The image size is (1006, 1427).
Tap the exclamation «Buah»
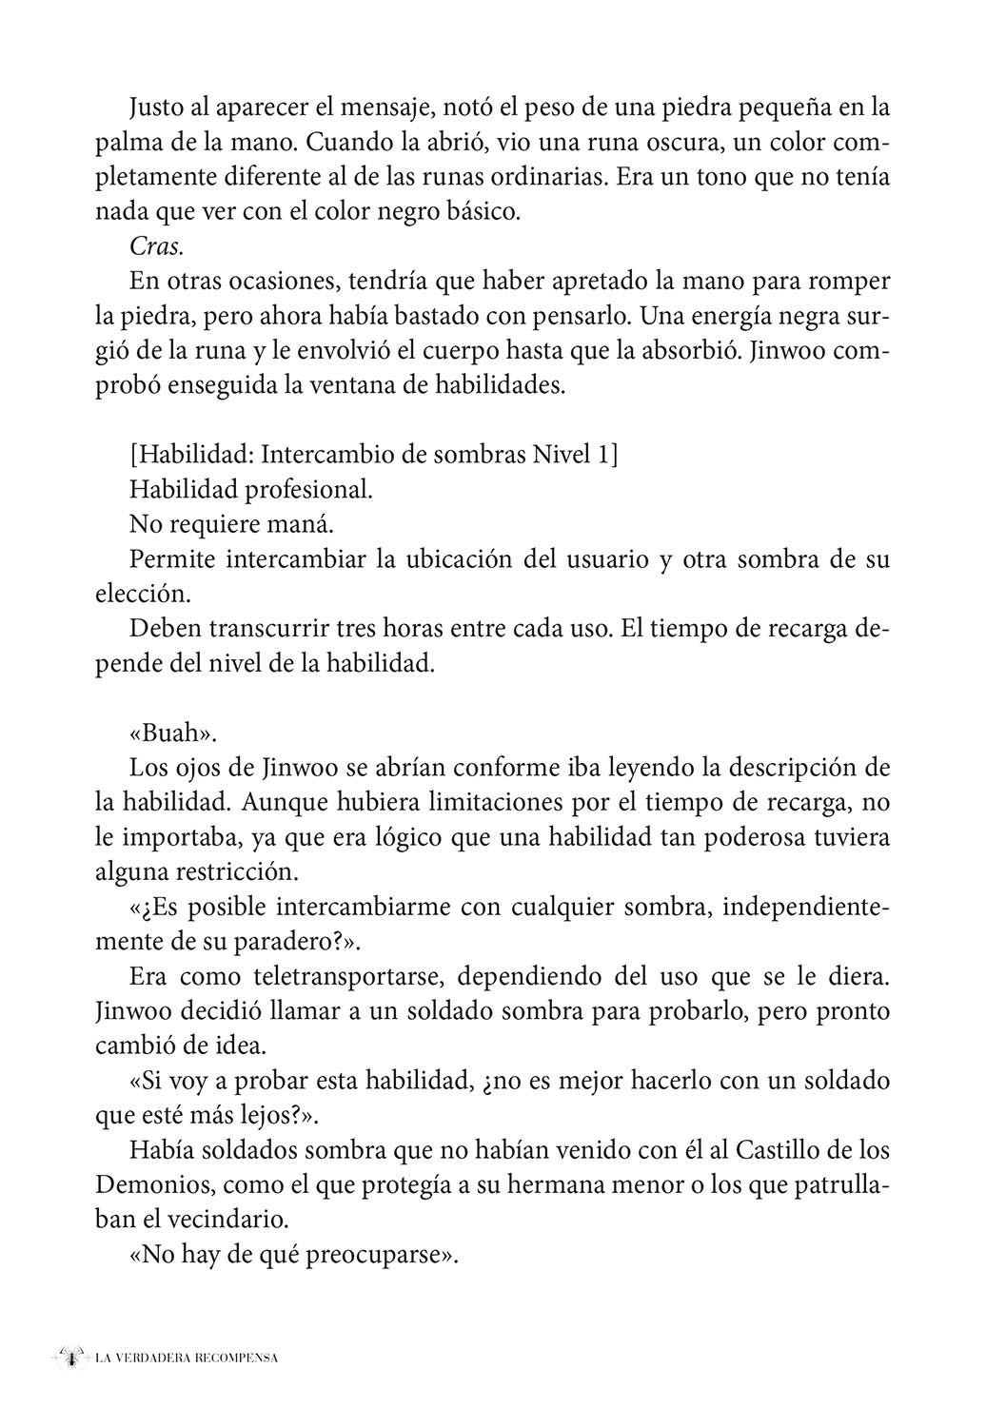coord(168,733)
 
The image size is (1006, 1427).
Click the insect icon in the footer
coord(69,1358)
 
